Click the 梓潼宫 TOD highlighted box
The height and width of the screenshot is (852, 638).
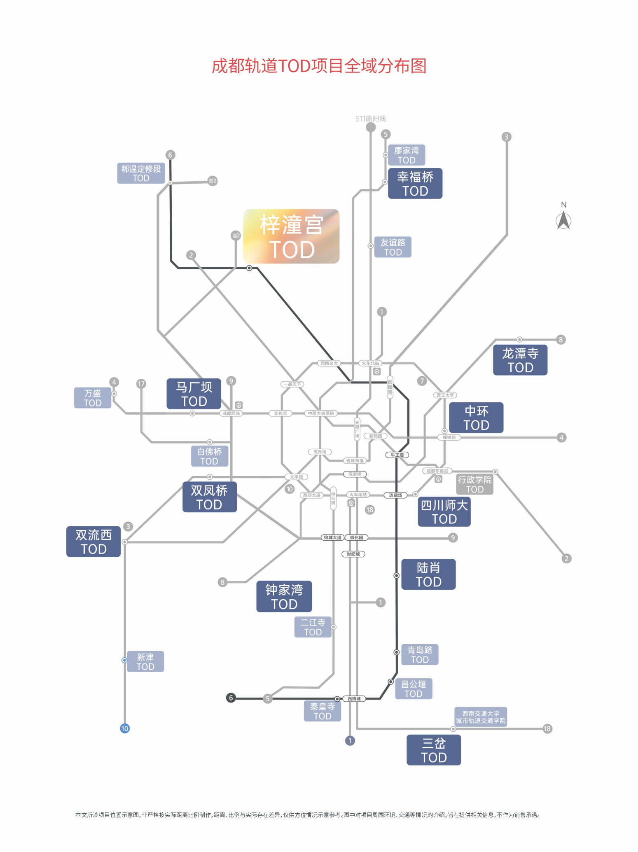click(x=291, y=236)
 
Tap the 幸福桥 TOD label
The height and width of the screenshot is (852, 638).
click(x=415, y=184)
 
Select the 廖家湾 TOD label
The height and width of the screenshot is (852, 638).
click(x=407, y=155)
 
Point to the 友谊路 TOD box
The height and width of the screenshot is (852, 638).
click(x=393, y=247)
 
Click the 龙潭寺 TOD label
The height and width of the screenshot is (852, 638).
click(x=520, y=360)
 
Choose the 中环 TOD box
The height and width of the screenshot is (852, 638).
click(x=476, y=418)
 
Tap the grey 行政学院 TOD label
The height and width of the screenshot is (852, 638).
click(x=474, y=484)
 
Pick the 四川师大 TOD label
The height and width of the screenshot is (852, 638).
click(x=444, y=512)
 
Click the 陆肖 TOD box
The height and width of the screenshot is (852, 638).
click(x=428, y=574)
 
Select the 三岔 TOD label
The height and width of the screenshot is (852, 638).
click(x=434, y=750)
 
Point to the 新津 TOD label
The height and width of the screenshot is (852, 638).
click(x=145, y=661)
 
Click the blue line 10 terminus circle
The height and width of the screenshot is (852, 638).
click(x=124, y=728)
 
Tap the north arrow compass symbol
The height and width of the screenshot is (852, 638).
click(x=563, y=220)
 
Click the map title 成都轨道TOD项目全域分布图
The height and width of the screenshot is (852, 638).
click(x=319, y=66)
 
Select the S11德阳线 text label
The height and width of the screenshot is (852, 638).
click(x=371, y=119)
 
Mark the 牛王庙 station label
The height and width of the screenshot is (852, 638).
click(x=397, y=455)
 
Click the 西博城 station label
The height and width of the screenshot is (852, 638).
click(x=354, y=699)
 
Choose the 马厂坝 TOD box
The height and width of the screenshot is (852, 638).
click(x=194, y=394)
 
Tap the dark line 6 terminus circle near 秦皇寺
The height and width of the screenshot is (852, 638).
click(x=231, y=698)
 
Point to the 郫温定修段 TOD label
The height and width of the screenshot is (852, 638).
click(x=141, y=173)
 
